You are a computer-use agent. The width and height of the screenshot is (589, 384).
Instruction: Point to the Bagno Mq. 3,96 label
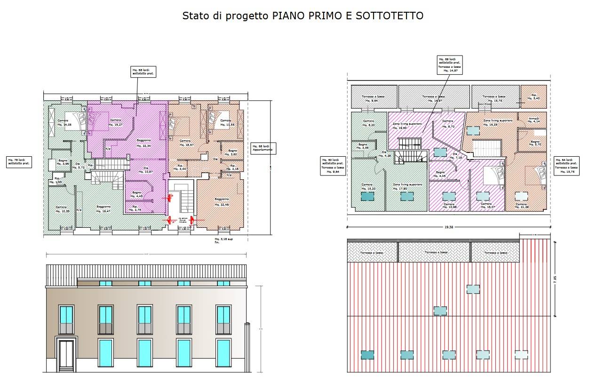(x=63, y=162)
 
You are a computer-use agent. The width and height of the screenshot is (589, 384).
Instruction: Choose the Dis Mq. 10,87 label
(x=145, y=170)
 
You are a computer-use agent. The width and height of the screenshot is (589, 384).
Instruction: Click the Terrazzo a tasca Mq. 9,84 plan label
(x=370, y=98)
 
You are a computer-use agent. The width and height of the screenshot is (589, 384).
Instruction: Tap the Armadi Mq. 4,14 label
(x=533, y=120)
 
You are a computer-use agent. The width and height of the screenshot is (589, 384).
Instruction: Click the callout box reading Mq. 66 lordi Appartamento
(x=263, y=148)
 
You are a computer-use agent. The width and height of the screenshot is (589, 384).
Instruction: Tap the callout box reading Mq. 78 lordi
(x=19, y=162)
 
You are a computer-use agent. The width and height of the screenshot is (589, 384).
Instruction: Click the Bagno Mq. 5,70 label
(x=535, y=143)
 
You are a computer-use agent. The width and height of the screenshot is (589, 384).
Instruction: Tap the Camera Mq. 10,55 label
(x=63, y=209)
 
